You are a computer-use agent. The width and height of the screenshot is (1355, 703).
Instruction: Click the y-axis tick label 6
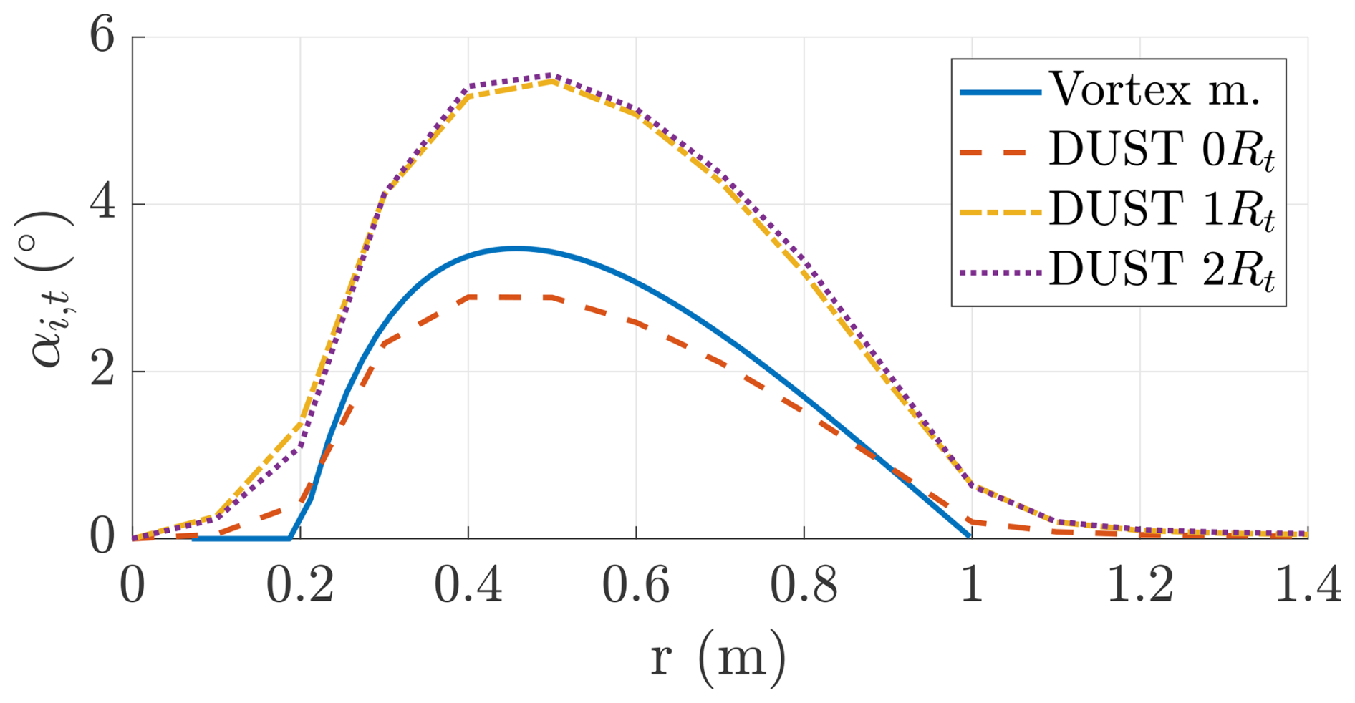[x=102, y=36]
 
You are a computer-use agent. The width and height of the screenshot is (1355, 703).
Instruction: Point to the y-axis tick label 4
[x=102, y=204]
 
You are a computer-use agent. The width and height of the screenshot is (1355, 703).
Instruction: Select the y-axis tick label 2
[x=102, y=372]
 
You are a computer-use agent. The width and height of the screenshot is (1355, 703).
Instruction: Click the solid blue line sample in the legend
[x=1000, y=92]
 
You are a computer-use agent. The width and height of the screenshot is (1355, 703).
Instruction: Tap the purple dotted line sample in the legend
[x=1000, y=273]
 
